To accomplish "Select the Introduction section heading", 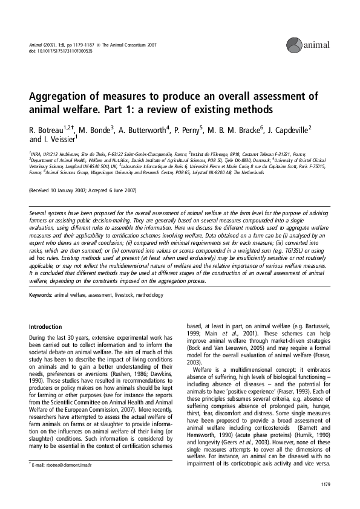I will click(x=46, y=326).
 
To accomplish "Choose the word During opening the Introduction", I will click(x=40, y=337).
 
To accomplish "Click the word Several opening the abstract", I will click(x=40, y=214).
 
